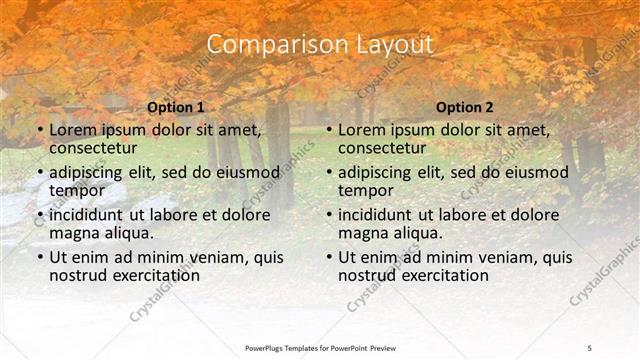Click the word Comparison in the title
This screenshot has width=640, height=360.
coord(268,45)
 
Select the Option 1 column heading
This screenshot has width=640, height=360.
coord(175,107)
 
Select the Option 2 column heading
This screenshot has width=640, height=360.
coord(465,107)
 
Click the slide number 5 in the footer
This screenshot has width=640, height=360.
coord(589,347)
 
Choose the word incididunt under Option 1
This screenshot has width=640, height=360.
coord(92,215)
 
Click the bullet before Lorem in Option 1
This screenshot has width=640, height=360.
coord(40,130)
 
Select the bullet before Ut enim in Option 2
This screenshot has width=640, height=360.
coord(330,257)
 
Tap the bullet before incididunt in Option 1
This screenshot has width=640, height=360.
coord(40,215)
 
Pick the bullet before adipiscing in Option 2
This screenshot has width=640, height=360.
coord(330,172)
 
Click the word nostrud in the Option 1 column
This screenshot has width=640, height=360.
coord(78,275)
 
